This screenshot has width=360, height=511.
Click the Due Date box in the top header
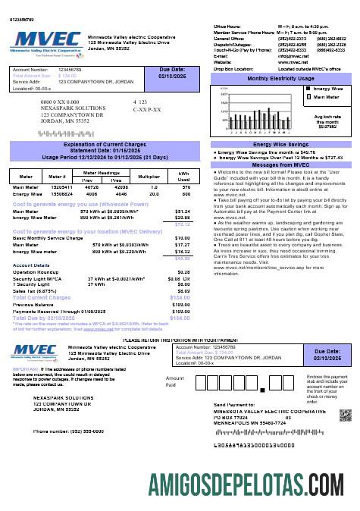pyautogui.click(x=171, y=74)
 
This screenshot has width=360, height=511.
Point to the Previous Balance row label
pyautogui.click(x=34, y=305)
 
